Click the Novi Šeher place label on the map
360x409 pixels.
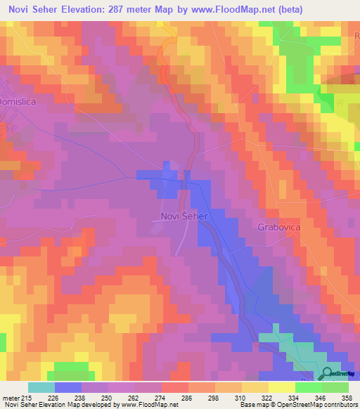pyautogui.click(x=181, y=216)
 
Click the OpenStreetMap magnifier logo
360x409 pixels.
pyautogui.click(x=328, y=374)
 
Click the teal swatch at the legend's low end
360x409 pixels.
pyautogui.click(x=41, y=387)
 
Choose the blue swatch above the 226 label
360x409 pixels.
pyautogui.click(x=68, y=387)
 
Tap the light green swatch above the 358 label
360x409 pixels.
pyautogui.click(x=335, y=387)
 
